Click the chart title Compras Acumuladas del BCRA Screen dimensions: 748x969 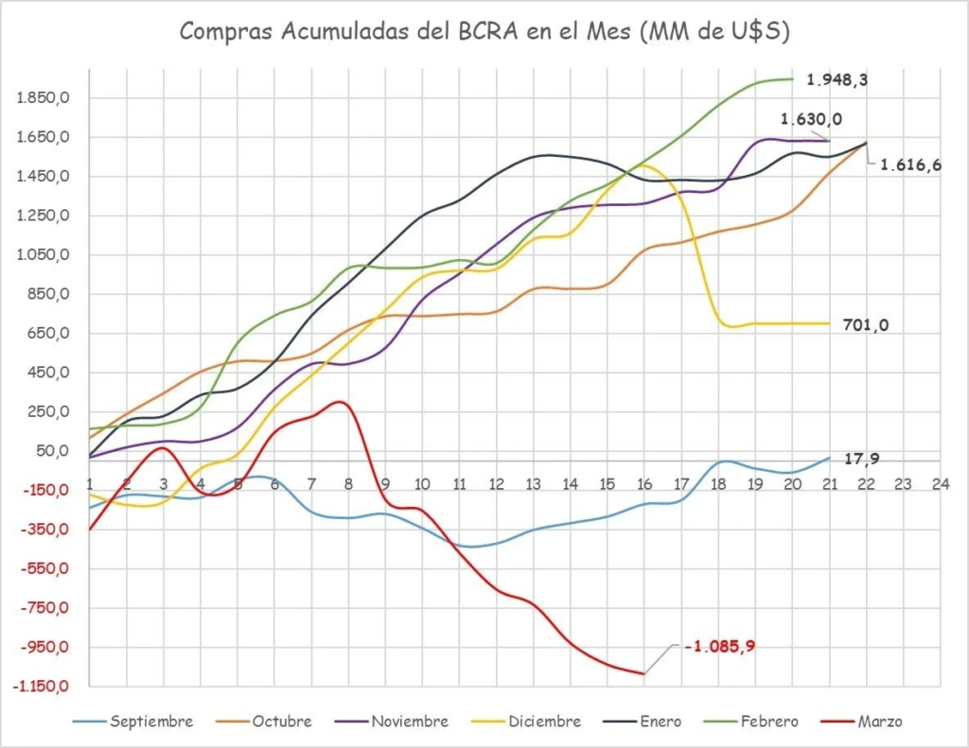[484, 31]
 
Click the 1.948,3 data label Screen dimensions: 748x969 [837, 80]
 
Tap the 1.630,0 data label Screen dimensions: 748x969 [811, 119]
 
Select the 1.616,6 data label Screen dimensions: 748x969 [910, 165]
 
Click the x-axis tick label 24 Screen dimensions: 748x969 [939, 484]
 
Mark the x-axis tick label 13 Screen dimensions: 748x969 [533, 484]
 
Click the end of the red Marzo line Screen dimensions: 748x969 [643, 673]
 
